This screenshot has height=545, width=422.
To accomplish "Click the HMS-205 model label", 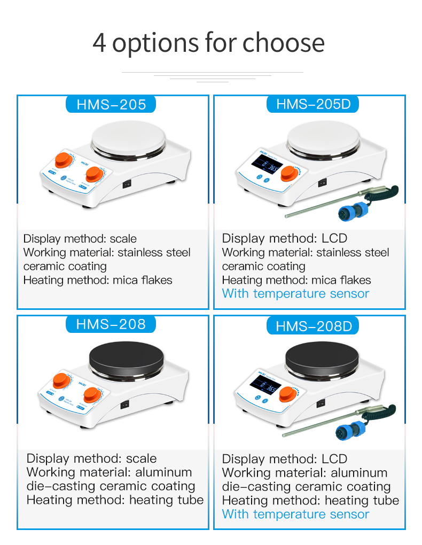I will tap(111, 104).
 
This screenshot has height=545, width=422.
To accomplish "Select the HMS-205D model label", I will tap(314, 104).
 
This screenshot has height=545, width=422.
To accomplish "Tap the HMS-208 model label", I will tap(111, 324).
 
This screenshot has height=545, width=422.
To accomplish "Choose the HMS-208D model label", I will tap(314, 325).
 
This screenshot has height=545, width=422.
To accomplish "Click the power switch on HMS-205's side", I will tap(127, 184).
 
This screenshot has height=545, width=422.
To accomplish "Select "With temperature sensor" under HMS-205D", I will tap(295, 293).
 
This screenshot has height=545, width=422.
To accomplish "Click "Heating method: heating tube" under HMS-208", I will tap(115, 500).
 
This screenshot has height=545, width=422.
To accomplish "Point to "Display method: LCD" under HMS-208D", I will tap(285, 458).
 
